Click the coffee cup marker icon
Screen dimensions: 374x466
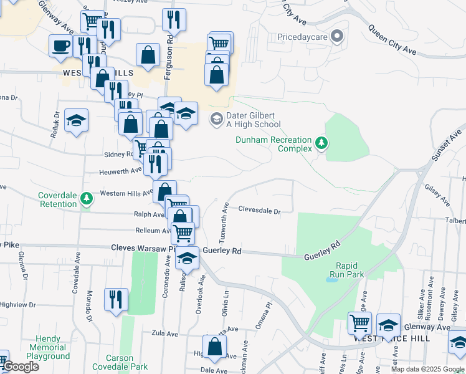pos(61,46)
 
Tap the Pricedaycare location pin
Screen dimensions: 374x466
pos(337,36)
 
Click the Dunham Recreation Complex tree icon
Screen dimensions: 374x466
pos(321,143)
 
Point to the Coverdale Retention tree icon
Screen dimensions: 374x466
pos(87,198)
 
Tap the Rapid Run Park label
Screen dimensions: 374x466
pos(346,269)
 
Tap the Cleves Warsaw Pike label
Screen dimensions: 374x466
pos(140,247)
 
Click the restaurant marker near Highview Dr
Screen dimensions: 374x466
pos(115,298)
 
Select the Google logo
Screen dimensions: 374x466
pos(20,367)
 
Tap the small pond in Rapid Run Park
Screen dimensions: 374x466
pos(331,279)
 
